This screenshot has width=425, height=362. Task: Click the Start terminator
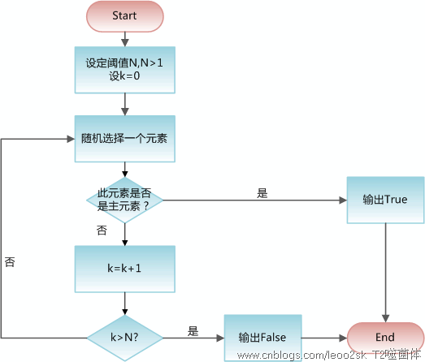point(124,15)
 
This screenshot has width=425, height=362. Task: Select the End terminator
point(385,337)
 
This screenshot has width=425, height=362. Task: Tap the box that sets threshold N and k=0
point(124,69)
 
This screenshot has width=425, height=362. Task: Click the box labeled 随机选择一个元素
point(124,139)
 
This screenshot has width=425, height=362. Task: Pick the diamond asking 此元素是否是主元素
point(124,199)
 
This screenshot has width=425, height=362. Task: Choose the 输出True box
point(385,199)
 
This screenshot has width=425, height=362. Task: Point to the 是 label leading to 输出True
point(262,193)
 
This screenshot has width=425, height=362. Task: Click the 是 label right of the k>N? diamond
point(193,330)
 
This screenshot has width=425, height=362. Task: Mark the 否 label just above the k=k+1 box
point(102,231)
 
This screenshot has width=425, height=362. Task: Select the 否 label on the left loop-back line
point(10,262)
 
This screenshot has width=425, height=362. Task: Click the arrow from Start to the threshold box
point(124,38)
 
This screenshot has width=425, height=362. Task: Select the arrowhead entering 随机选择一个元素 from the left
point(69,139)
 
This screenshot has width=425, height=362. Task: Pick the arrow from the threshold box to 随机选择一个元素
point(124,104)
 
